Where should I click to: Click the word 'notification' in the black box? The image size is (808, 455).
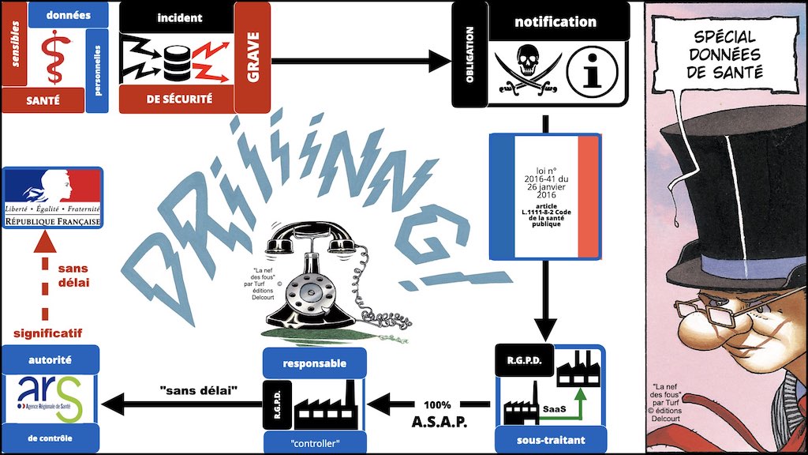555,21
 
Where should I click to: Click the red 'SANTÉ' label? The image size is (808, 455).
43,100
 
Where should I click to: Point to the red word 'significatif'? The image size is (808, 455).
47,333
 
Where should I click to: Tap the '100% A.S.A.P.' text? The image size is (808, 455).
440,413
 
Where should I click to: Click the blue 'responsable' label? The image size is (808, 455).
314,364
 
